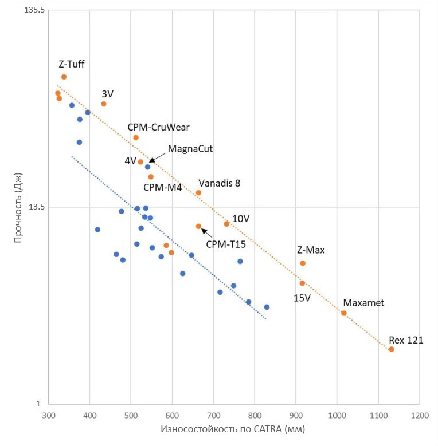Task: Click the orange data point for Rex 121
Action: (x=392, y=349)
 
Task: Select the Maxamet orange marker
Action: (x=344, y=313)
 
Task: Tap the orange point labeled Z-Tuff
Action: (x=64, y=77)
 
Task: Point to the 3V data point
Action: (x=104, y=104)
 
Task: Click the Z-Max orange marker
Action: (x=303, y=263)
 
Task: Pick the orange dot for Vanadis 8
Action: (x=198, y=193)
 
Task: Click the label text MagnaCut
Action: (x=190, y=149)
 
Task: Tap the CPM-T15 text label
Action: (x=226, y=244)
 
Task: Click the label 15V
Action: (x=302, y=298)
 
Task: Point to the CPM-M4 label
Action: (x=162, y=187)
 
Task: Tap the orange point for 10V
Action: (x=226, y=224)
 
